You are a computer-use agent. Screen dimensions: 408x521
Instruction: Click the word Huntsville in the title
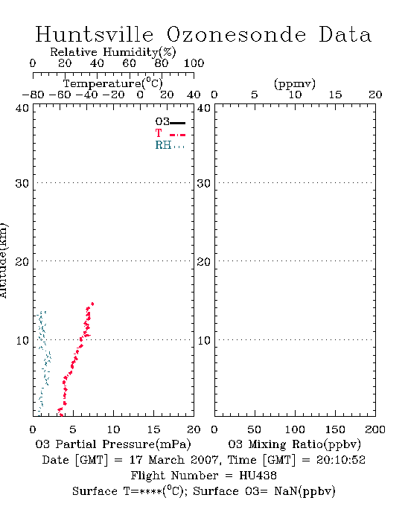point(95,34)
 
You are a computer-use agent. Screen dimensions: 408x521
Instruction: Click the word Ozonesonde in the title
point(235,34)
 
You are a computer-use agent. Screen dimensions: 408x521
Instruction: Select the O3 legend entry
point(170,122)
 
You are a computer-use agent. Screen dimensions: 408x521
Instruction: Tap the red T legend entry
point(170,133)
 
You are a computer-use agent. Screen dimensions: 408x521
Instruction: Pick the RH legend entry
point(170,145)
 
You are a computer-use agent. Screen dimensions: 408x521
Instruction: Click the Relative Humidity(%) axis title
point(113,52)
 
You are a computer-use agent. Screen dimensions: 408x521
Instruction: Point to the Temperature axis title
point(113,83)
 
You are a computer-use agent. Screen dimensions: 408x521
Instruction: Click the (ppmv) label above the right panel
point(295,83)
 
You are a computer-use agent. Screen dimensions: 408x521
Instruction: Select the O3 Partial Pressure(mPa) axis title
point(113,444)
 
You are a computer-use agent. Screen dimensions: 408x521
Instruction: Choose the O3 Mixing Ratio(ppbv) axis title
point(294,444)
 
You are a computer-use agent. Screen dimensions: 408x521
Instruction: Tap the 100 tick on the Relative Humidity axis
point(194,63)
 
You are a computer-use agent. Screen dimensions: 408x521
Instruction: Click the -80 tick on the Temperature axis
point(33,95)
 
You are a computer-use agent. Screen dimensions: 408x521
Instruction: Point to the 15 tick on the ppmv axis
point(335,95)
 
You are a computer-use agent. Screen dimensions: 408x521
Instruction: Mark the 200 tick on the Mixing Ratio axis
point(375,429)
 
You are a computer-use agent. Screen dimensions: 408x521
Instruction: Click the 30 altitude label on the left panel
point(22,183)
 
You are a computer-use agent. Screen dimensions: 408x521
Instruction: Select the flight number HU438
point(258,476)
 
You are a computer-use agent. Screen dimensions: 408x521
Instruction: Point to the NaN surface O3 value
point(285,491)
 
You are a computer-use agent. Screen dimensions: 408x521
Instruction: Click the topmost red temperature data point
point(92,304)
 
